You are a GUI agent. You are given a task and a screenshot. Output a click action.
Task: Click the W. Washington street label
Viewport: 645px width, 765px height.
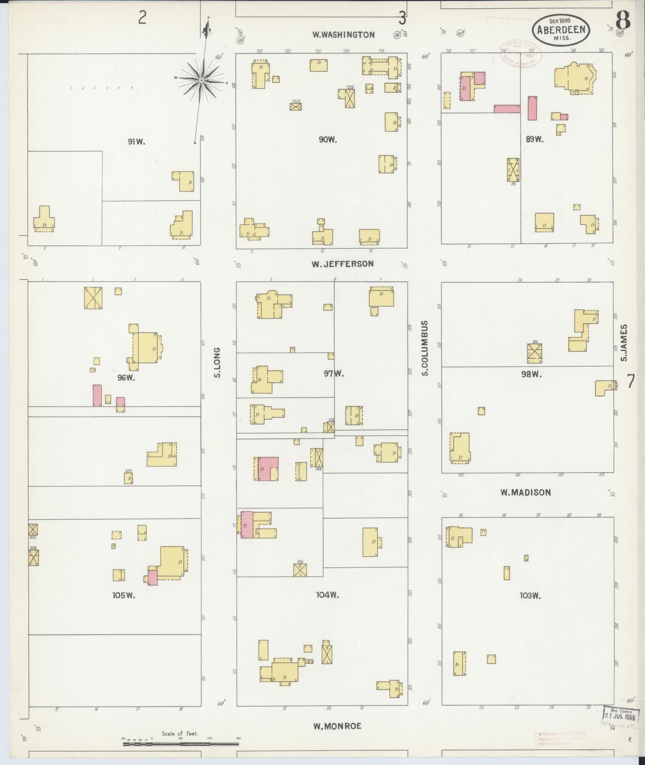343,35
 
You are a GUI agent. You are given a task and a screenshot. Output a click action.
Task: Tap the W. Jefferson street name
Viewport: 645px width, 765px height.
343,264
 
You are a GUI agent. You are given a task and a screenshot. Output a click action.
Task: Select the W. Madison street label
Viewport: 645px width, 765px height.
525,493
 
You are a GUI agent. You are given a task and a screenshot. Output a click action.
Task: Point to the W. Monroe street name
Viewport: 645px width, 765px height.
337,726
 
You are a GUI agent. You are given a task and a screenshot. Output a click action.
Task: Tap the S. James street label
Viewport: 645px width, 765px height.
624,342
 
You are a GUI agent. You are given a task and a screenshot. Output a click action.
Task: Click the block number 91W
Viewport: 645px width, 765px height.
136,141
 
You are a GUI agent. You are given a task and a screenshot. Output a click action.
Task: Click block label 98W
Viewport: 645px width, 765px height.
531,375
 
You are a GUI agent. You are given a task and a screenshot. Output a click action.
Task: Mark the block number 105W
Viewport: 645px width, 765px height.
124,595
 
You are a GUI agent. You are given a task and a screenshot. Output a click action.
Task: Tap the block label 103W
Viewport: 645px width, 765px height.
530,595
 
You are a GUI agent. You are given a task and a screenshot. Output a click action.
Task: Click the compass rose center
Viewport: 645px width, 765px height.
202,80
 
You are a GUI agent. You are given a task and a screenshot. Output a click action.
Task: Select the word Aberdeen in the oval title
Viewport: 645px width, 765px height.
561,30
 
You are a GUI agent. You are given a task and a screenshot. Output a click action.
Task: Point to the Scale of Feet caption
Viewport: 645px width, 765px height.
180,734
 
